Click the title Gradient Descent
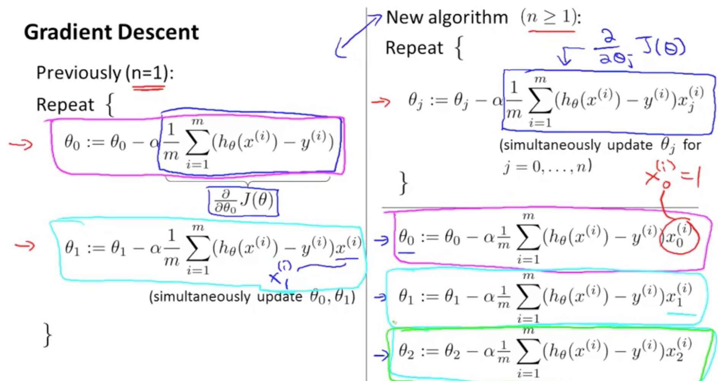click(x=111, y=32)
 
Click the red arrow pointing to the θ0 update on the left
click(x=21, y=144)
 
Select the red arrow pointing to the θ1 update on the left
click(x=25, y=246)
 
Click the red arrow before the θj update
click(x=381, y=102)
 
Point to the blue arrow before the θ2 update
click(x=381, y=355)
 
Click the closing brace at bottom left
click(x=48, y=335)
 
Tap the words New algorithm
click(x=447, y=17)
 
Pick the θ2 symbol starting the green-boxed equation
click(x=406, y=351)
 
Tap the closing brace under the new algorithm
click(x=404, y=183)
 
